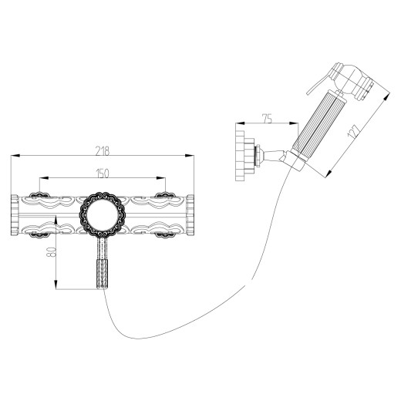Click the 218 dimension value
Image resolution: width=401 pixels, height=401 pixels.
tap(102, 151)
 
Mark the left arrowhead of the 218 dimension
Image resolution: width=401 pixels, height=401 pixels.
tap(13, 157)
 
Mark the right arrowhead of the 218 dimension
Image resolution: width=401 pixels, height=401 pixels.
tap(191, 157)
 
